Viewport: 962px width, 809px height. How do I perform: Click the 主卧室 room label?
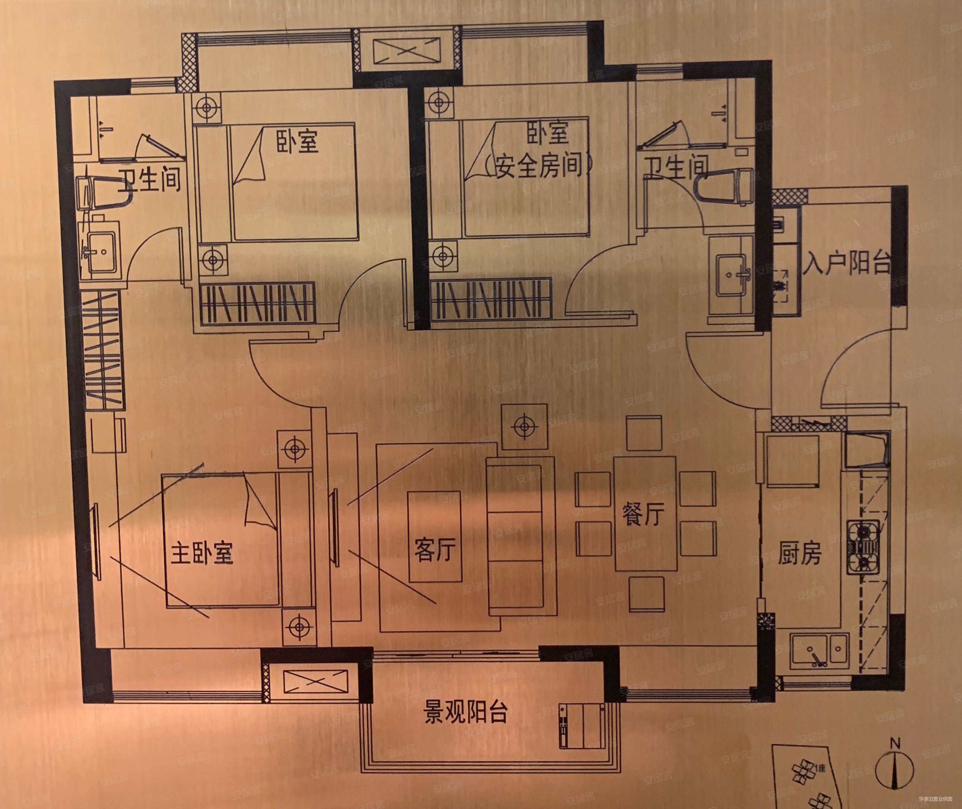tap(202, 553)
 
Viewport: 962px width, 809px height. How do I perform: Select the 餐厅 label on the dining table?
tap(643, 514)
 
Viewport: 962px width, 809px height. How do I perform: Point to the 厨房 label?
tap(800, 553)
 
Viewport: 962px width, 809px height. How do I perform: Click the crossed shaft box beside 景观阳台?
tap(315, 681)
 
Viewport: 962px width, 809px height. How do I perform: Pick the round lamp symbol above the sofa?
tap(524, 427)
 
